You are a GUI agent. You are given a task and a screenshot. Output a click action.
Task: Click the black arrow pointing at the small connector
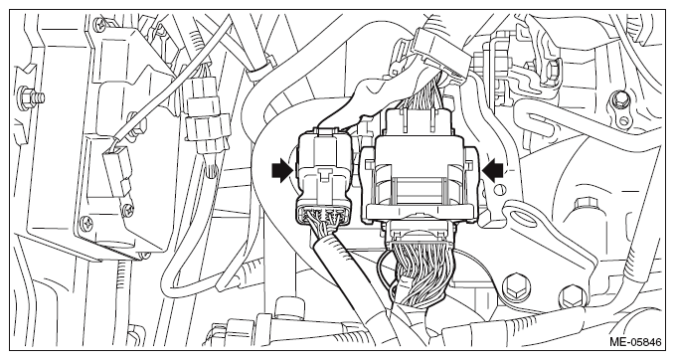pos(282,171)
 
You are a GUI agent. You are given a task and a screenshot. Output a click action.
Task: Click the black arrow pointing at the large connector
pos(492,169)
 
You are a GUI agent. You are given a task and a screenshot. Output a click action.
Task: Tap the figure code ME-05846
pos(635,342)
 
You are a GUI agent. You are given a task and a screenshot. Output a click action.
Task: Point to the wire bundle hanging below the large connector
pos(420,275)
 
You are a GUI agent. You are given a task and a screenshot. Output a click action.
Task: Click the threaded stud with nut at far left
pos(32,95)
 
